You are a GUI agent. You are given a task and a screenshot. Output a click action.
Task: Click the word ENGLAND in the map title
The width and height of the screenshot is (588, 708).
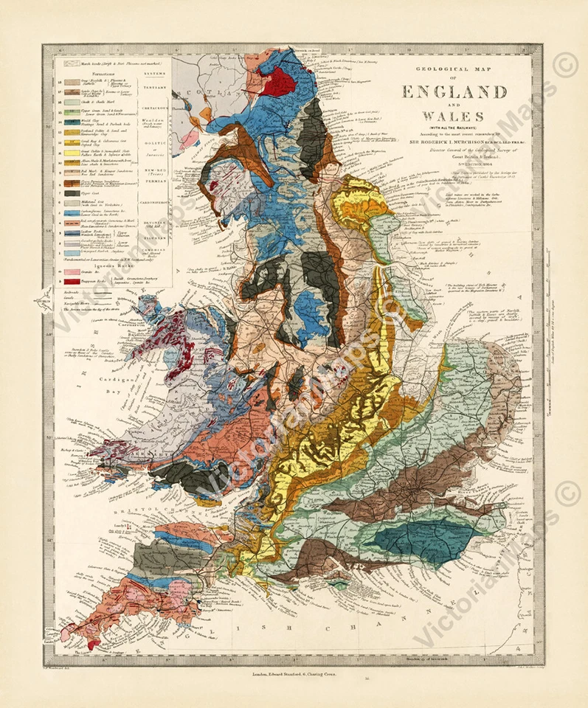[x=454, y=92]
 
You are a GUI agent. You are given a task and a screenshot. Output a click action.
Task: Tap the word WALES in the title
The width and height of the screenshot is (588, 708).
[x=454, y=116]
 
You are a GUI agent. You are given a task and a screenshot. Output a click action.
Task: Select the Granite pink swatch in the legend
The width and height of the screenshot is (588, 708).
[x=71, y=271]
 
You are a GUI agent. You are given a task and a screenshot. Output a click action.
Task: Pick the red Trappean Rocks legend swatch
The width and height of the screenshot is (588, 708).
[x=71, y=282]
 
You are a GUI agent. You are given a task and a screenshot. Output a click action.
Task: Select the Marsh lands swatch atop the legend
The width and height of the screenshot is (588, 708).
[x=71, y=64]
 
